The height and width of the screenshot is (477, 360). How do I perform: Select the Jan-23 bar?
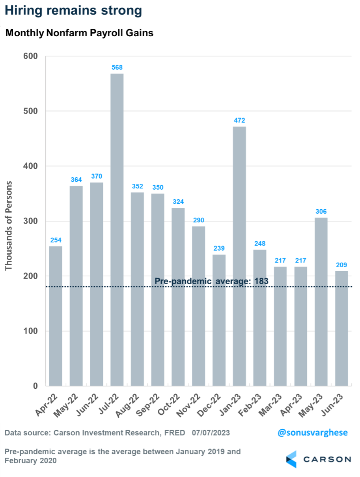[x=239, y=256]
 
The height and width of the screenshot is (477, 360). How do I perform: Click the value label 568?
[x=117, y=67]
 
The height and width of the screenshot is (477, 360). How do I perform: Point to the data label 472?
[x=239, y=120]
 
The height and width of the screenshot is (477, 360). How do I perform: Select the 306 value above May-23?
[x=321, y=211]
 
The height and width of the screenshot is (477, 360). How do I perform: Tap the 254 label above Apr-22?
[x=56, y=240]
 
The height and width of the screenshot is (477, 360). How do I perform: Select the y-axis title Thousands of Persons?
[x=9, y=225]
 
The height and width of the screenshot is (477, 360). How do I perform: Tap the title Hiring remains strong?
[x=73, y=11]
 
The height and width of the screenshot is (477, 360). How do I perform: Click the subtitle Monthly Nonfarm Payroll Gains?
[x=79, y=34]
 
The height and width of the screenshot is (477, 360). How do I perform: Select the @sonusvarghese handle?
[x=313, y=432]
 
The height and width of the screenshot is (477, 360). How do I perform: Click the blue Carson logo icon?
[x=291, y=459]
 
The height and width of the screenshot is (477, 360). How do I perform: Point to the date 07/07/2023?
[x=211, y=433]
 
